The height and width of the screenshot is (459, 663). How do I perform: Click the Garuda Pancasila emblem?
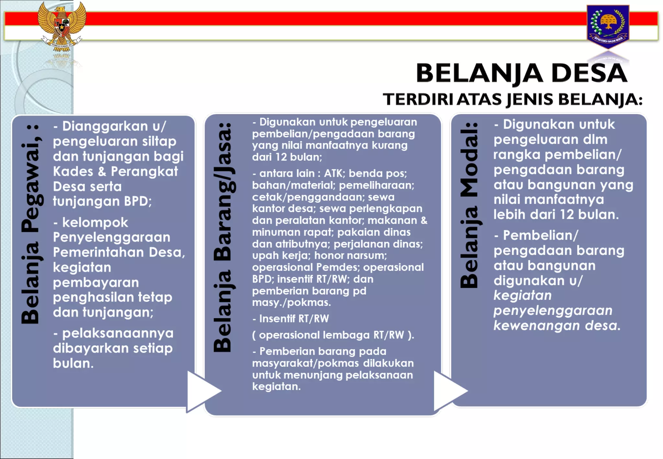pos(62,26)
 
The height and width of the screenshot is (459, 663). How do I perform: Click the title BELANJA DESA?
pos(521,73)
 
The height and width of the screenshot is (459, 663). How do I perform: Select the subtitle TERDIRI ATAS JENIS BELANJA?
pos(512,99)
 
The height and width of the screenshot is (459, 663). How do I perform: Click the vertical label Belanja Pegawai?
pos(31,223)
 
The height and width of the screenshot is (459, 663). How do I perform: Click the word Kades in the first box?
pos(73,172)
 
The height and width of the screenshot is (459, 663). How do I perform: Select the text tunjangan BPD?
pos(102,201)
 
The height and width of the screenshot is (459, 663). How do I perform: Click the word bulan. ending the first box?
pos(73,364)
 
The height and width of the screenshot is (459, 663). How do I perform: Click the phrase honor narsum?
pos(350,255)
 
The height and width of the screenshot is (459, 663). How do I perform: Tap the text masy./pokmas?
pos(291,303)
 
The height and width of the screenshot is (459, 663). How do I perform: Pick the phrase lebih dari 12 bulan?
pos(556,215)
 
